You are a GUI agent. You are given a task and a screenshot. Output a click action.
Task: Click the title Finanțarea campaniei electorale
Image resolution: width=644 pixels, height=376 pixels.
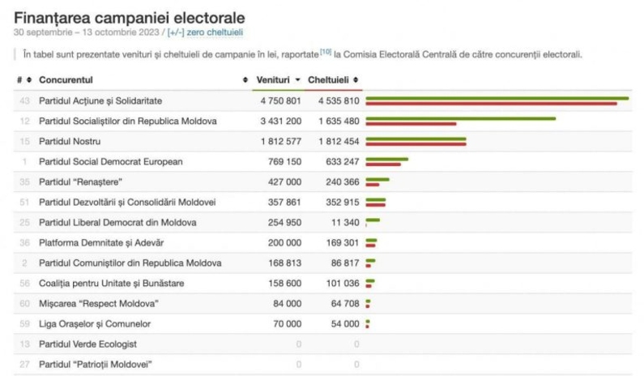[x=130, y=17]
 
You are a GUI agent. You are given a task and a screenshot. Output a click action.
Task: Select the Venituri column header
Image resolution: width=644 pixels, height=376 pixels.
[x=274, y=80]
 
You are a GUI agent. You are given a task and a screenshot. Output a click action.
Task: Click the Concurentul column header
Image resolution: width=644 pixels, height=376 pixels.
[x=66, y=80]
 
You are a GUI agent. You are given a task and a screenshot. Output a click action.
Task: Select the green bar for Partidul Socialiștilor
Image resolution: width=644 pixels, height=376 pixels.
[x=460, y=118]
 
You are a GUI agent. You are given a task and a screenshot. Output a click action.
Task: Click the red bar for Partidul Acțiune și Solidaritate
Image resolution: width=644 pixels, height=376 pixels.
[x=491, y=104]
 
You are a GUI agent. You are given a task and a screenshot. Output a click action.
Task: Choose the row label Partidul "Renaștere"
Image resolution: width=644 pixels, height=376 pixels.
[x=80, y=182]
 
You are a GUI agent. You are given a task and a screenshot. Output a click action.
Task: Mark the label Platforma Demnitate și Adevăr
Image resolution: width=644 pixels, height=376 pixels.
[x=101, y=242]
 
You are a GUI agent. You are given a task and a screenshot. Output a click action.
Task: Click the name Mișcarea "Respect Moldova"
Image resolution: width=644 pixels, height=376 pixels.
[x=98, y=303]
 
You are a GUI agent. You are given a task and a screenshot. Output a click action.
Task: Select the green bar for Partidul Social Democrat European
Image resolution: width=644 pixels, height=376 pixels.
[x=386, y=159]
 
